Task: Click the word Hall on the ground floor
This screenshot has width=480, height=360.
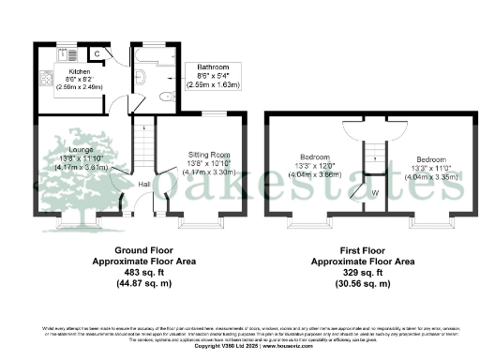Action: click(144, 185)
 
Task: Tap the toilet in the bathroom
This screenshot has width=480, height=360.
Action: click(164, 97)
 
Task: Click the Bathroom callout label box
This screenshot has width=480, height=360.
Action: click(215, 77)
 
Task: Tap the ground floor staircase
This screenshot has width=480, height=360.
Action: click(142, 150)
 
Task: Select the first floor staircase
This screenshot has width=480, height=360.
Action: click(373, 155)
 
